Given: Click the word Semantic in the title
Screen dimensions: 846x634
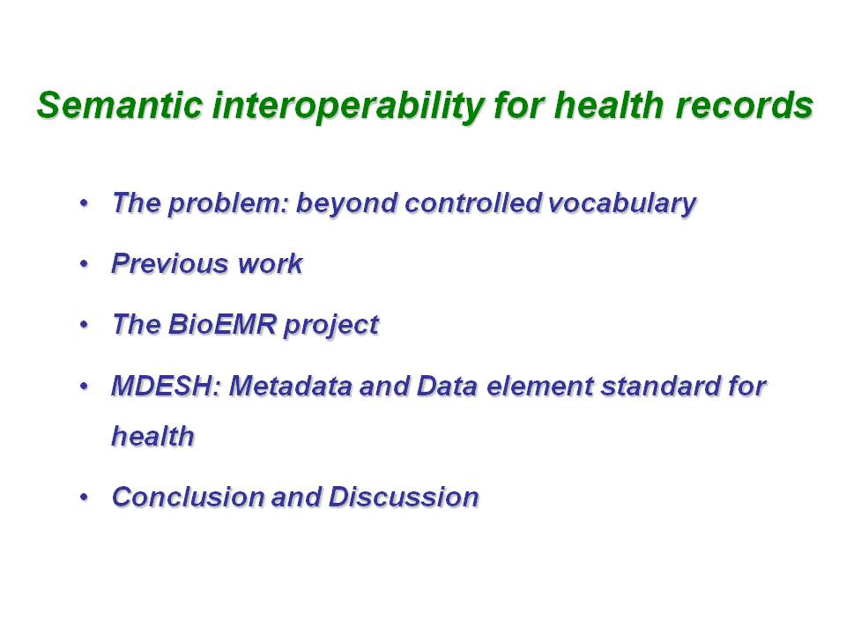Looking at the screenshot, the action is click(x=121, y=105).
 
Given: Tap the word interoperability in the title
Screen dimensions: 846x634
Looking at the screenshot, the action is click(x=347, y=107).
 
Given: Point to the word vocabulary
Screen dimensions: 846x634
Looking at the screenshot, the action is click(x=621, y=203).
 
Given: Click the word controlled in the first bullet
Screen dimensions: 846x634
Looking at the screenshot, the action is click(x=472, y=203).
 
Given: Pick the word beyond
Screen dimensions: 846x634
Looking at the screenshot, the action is click(x=347, y=203).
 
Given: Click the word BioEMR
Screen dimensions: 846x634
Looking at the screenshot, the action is click(x=222, y=325).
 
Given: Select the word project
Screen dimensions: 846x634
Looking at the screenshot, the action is click(x=331, y=326).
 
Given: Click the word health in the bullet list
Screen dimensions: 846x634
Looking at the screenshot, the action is click(x=152, y=436).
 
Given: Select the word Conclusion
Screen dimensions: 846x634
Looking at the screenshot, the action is click(x=187, y=497).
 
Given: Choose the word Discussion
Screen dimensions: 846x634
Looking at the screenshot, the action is click(x=404, y=497).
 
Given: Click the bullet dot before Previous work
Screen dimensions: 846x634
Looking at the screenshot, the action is click(x=84, y=264).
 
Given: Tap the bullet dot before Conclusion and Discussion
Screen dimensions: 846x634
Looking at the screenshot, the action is click(x=84, y=497).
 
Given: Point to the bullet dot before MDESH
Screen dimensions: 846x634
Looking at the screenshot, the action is click(x=84, y=387).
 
